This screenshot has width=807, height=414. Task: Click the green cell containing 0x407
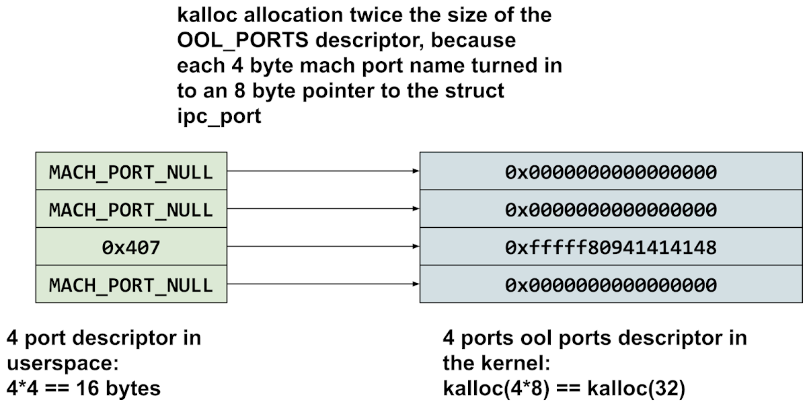(x=131, y=248)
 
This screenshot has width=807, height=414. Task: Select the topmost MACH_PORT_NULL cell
(x=131, y=172)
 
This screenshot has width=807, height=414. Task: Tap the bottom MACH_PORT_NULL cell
(x=131, y=285)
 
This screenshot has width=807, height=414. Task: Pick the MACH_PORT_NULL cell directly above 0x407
(x=131, y=210)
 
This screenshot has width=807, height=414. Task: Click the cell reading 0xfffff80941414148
(x=611, y=248)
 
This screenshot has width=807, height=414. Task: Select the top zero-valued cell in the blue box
(x=611, y=172)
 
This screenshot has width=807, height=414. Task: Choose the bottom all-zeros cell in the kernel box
(x=611, y=285)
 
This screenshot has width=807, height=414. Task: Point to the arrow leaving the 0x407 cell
(x=323, y=247)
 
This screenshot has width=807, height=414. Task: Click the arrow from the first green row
(x=323, y=171)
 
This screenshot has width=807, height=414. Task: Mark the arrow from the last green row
(x=323, y=284)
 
